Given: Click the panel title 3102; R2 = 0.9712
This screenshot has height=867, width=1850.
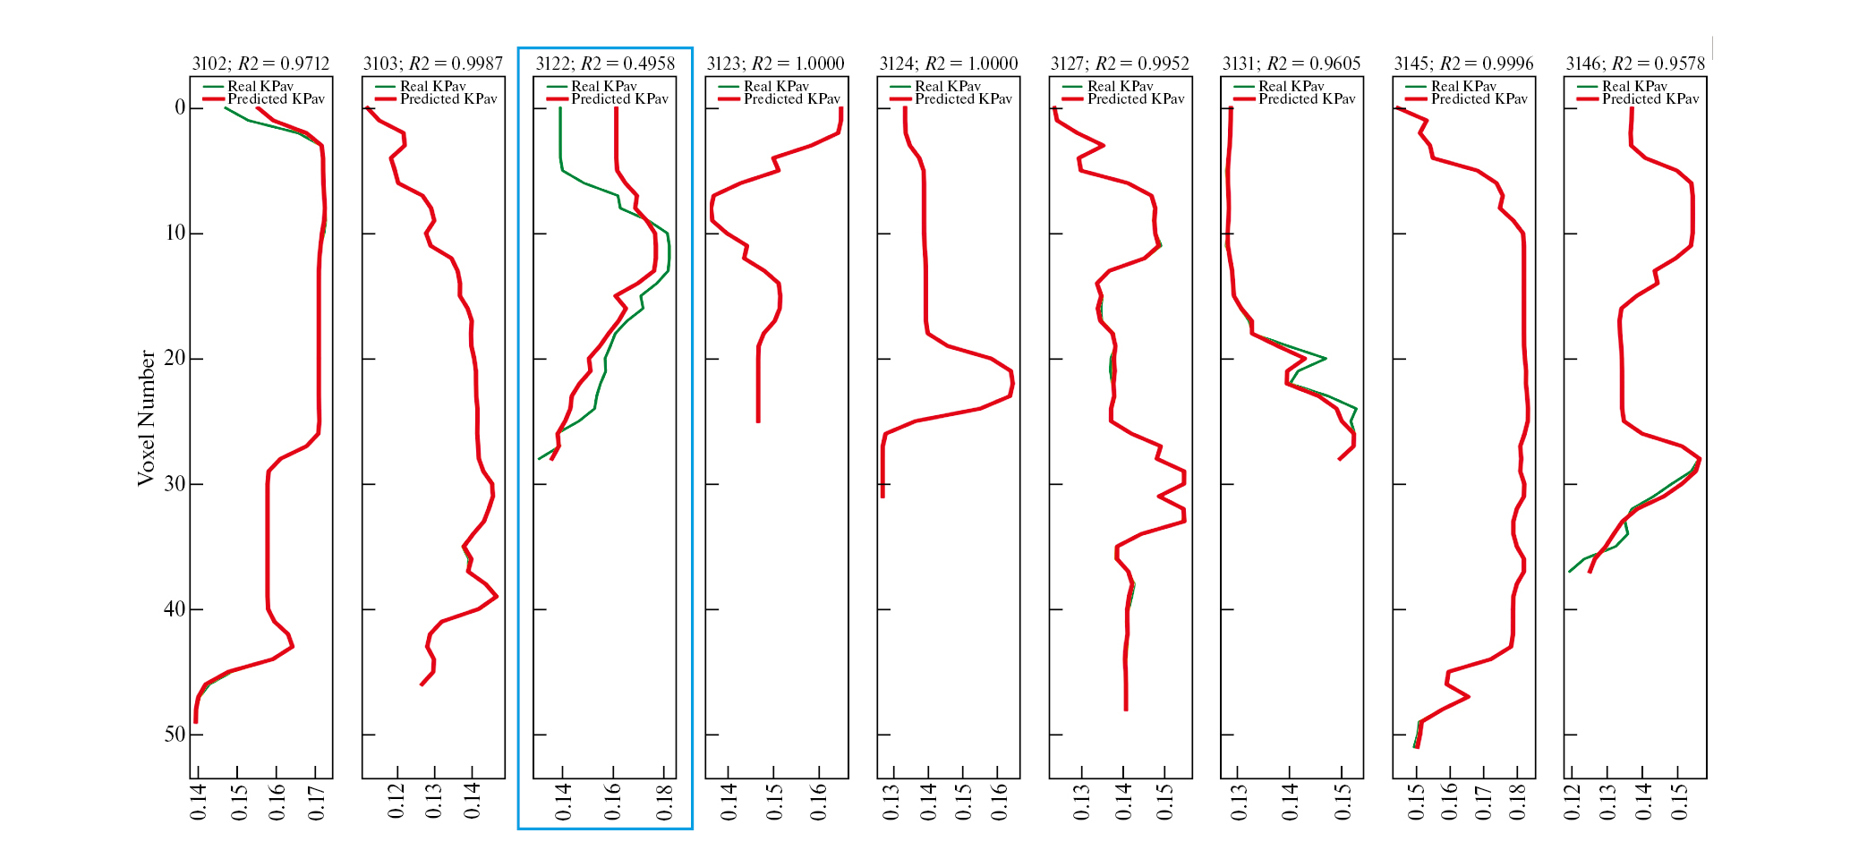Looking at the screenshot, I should coord(260,64).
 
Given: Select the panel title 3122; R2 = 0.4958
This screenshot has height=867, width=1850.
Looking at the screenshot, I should coord(605,64).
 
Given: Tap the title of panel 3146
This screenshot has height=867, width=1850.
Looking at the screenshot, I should coord(1635,64).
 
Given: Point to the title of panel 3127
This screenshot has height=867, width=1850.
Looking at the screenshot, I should coord(1120,64).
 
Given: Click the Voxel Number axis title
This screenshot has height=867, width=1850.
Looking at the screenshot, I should coord(146,419).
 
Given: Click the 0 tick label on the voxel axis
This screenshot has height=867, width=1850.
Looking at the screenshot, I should coord(180,108).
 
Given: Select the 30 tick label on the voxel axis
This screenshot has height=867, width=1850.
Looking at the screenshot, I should coord(175,484).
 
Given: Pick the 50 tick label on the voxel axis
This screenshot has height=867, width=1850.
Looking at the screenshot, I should coord(175,735).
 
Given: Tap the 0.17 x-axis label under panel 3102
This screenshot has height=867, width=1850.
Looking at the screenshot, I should coord(316,803).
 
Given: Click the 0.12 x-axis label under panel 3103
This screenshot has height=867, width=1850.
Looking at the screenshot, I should coord(396,803).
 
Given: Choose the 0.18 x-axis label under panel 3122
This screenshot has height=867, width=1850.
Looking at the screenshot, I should coord(664,803).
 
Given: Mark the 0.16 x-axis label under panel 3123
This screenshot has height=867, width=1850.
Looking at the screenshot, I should coord(820,803).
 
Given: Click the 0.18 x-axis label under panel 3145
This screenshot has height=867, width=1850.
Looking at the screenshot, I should coord(1518,803).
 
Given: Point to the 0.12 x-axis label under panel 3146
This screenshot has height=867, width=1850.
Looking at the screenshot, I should coord(1572,803).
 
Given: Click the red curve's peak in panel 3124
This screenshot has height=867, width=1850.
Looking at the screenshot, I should coord(1012,384).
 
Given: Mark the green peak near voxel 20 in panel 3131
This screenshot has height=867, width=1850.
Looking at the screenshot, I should coord(1326,359).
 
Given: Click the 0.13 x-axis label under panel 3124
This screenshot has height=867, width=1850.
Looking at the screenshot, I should coord(891,803).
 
